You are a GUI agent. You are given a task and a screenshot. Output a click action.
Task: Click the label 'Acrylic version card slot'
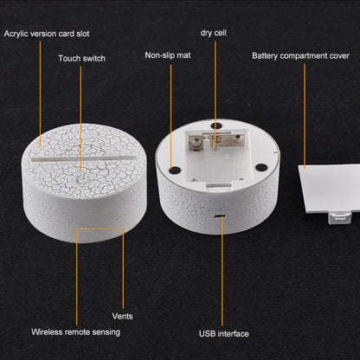[x=47, y=34]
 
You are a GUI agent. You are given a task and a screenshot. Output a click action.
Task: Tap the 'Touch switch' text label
[x=81, y=59]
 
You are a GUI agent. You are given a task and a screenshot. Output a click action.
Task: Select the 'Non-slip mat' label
[x=168, y=55]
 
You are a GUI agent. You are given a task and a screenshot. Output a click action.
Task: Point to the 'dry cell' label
[x=213, y=33]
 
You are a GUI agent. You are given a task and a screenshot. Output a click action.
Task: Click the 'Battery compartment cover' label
[x=300, y=56]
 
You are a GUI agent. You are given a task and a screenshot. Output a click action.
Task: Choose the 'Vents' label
[x=122, y=316]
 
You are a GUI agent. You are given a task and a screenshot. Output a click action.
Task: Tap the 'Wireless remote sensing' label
[x=75, y=332]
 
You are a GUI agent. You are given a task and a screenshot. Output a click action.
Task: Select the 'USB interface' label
[x=224, y=334]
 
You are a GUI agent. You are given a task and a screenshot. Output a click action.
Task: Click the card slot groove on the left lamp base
[x=84, y=159]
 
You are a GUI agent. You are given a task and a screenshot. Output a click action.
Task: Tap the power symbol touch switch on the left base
[x=81, y=178]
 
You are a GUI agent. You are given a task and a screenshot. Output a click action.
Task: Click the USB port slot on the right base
[x=220, y=215]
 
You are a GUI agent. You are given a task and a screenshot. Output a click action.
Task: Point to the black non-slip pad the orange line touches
[x=174, y=170]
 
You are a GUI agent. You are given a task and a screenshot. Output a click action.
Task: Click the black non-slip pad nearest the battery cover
[x=261, y=167]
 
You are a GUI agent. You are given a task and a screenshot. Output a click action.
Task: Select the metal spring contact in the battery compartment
[x=215, y=142]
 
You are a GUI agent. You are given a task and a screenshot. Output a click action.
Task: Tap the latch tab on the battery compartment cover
[x=340, y=218]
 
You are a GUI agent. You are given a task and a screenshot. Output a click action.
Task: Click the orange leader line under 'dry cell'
[x=215, y=93]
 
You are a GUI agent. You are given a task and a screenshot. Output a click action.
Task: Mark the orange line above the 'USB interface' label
[x=222, y=271]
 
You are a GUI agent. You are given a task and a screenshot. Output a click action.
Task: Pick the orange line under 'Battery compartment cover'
[x=305, y=116]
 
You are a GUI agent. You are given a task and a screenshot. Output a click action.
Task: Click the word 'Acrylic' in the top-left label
[x=16, y=34]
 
